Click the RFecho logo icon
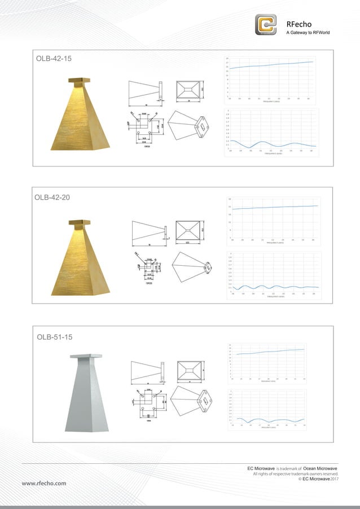click(266, 24)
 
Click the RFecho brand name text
click(300, 24)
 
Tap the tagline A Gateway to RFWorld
click(308, 33)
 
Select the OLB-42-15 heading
click(54, 59)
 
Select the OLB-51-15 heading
click(55, 337)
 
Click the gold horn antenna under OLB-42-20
click(81, 258)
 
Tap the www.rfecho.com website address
click(44, 483)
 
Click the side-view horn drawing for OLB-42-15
click(146, 93)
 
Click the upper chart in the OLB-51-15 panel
click(270, 362)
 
